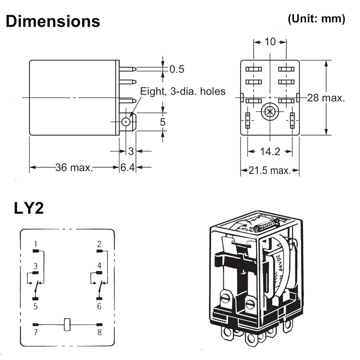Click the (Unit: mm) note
pos(316,19)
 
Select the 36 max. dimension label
pos(74,167)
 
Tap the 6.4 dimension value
pos(128,167)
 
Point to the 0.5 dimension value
pos(176,69)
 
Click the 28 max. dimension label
pos(326,98)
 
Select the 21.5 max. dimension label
pos(270,171)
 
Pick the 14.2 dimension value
pos(270,152)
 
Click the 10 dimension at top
pos(270,42)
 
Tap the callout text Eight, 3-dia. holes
pos(182,91)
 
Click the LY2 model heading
pos(29,208)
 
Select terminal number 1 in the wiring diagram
pos(36,244)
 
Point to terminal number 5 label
pos(36,306)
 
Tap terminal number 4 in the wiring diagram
pos(99,265)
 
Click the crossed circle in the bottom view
pos(270,112)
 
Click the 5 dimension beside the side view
pos(162,122)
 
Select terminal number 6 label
pos(99,306)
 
